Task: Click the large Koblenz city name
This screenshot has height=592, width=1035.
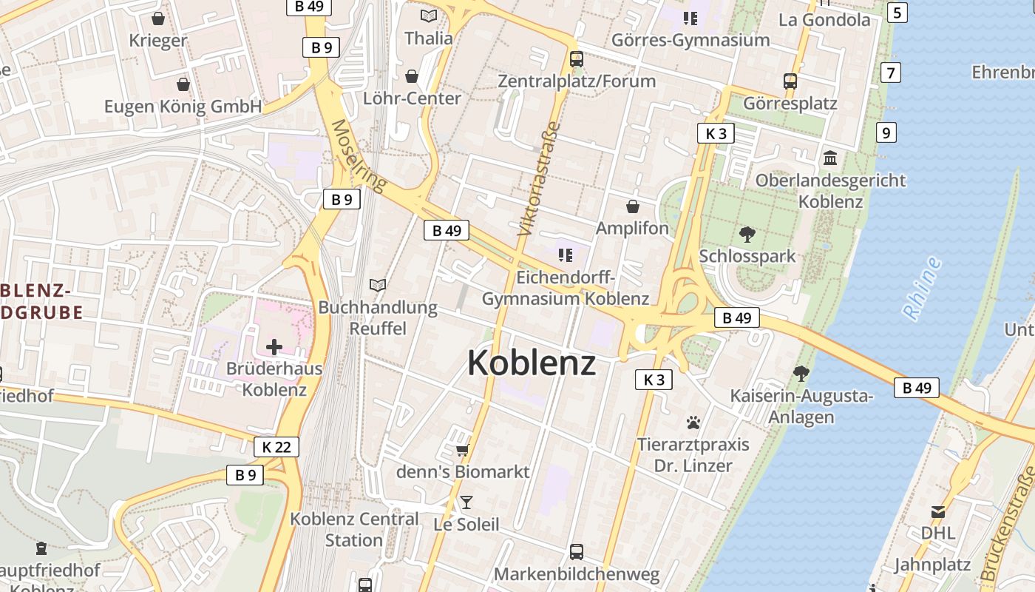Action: [531, 363]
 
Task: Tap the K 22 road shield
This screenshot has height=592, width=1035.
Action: [276, 447]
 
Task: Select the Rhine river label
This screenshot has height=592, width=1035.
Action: [922, 288]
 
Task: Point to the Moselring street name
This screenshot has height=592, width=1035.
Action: [359, 156]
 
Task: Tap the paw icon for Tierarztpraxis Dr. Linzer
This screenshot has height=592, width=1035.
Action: [693, 423]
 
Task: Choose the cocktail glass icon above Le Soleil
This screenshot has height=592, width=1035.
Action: [466, 502]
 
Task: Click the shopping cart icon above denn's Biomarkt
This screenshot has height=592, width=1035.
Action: [463, 450]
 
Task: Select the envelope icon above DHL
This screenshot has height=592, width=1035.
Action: [937, 511]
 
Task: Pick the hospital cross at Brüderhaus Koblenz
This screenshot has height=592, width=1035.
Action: [274, 346]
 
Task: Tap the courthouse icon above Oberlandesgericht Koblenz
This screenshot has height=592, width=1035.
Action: [830, 158]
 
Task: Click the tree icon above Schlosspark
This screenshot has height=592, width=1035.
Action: [747, 235]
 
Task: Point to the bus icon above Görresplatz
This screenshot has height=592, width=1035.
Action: [790, 81]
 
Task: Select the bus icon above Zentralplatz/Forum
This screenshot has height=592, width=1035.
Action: [577, 59]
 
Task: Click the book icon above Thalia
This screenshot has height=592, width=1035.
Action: [429, 16]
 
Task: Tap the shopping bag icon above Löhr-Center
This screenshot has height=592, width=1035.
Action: [412, 76]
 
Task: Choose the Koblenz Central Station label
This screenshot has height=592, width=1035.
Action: [354, 529]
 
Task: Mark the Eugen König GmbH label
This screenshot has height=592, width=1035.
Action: [183, 107]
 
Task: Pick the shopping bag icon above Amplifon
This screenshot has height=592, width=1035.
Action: [633, 206]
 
